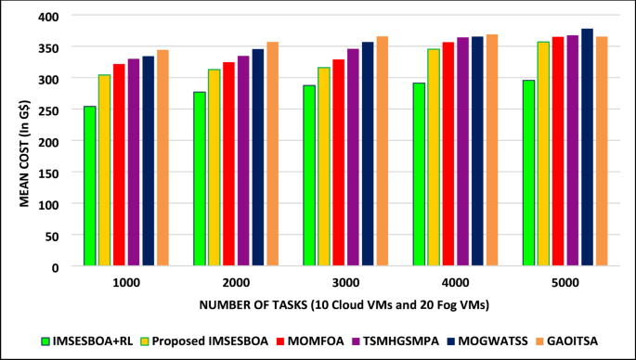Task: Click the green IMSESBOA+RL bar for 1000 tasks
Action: click(x=90, y=186)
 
